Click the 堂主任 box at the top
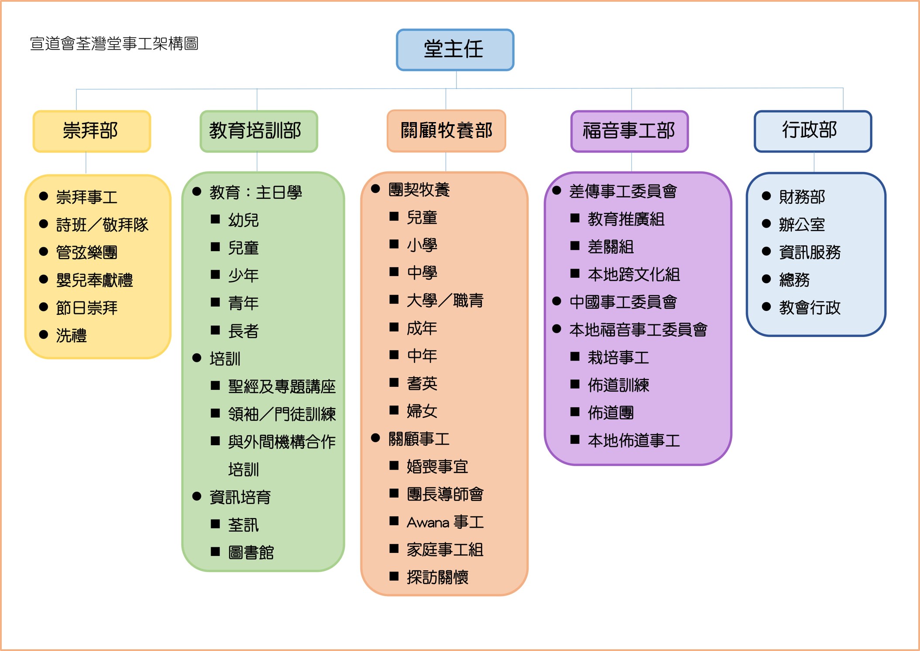click(x=455, y=50)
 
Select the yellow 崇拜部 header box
click(x=92, y=131)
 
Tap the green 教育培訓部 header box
click(x=258, y=131)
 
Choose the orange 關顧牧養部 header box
click(x=446, y=131)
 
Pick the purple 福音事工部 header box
click(x=629, y=131)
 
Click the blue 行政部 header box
click(x=813, y=131)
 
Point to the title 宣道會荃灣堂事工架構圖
click(x=114, y=44)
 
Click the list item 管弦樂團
click(x=86, y=252)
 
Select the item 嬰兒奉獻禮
click(x=94, y=280)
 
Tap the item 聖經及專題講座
click(x=282, y=387)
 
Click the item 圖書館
click(x=251, y=552)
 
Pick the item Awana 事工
click(x=445, y=522)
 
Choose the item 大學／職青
click(x=445, y=300)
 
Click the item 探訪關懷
click(x=437, y=577)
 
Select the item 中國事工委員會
click(x=623, y=302)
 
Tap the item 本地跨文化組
click(x=634, y=274)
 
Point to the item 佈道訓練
click(x=618, y=385)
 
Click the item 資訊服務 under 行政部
click(x=810, y=252)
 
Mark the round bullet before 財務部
click(x=766, y=196)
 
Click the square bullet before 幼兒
click(x=215, y=219)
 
